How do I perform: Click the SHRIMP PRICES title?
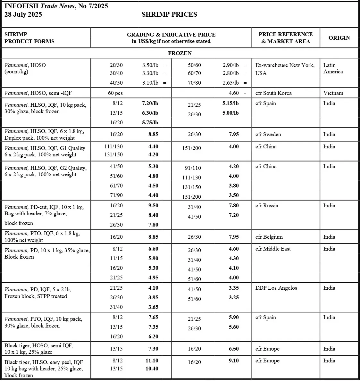tap(169, 14)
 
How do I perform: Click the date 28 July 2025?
tap(23, 14)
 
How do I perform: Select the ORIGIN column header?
tap(339, 38)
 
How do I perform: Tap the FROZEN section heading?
tap(180, 53)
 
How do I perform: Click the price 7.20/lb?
tap(150, 103)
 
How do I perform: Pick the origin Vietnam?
tap(333, 93)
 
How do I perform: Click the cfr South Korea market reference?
tap(273, 93)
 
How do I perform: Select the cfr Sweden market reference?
tap(268, 134)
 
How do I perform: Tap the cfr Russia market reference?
tap(267, 205)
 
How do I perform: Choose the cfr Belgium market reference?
tap(269, 237)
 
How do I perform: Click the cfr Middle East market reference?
tap(273, 249)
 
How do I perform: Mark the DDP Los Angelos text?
tap(276, 288)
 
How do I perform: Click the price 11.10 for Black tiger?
tap(152, 360)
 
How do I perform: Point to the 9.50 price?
tap(153, 205)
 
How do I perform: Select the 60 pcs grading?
tap(115, 93)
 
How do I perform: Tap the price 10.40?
tap(152, 369)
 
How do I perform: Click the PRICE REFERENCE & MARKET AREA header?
tap(286, 38)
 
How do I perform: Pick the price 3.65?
tap(153, 307)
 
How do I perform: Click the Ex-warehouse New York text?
tap(285, 65)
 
